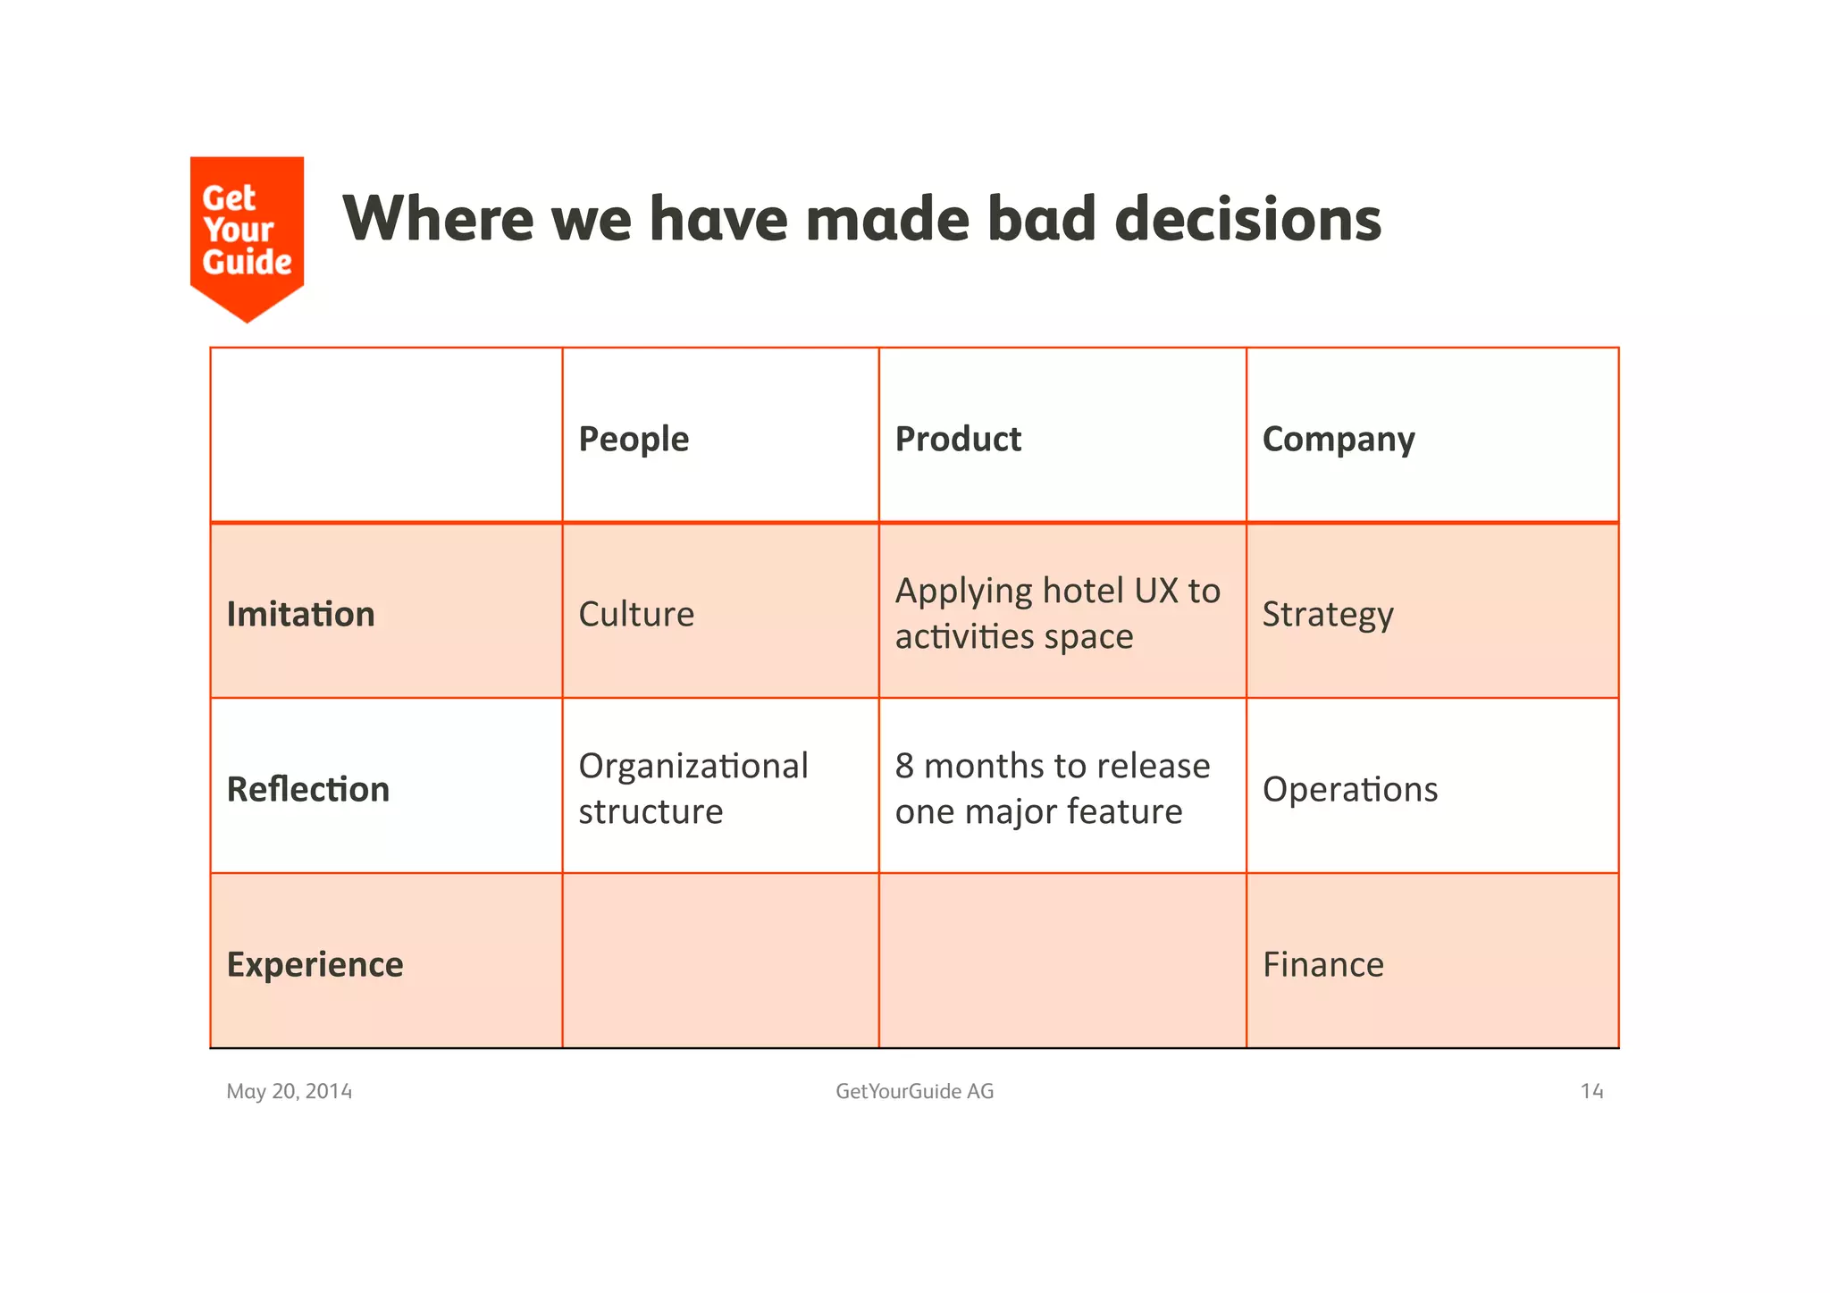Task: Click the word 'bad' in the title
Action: pos(1041,219)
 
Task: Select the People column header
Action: pos(634,439)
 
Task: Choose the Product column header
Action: pos(958,439)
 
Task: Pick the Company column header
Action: pos(1338,439)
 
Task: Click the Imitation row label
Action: pos(300,614)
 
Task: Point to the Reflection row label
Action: pos(307,789)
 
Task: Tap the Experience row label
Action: pos(315,964)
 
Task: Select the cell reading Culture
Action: pos(636,614)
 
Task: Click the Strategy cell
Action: pos(1327,614)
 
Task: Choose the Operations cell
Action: pos(1349,789)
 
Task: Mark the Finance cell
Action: pos(1322,964)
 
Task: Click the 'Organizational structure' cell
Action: pos(693,788)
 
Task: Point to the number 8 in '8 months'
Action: pos(904,766)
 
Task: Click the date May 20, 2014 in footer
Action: pos(289,1091)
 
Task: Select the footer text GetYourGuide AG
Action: pos(914,1091)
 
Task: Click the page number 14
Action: pos(1591,1091)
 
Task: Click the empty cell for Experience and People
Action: pos(720,961)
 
